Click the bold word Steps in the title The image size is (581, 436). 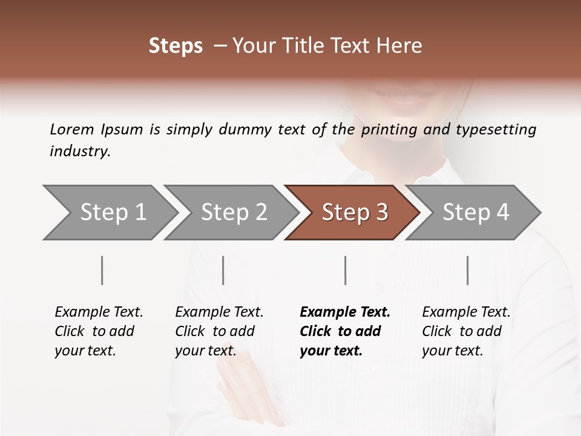click(176, 47)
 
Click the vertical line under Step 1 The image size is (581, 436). click(102, 270)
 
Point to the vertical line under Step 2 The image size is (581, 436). click(223, 270)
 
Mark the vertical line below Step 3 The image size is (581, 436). click(346, 270)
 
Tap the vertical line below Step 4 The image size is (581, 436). click(468, 270)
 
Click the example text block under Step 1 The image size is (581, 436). click(99, 331)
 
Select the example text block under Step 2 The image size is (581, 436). click(219, 331)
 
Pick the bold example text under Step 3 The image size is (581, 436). click(345, 331)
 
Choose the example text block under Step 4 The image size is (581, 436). click(466, 331)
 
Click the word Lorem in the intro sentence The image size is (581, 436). click(72, 130)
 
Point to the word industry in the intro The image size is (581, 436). click(80, 151)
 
